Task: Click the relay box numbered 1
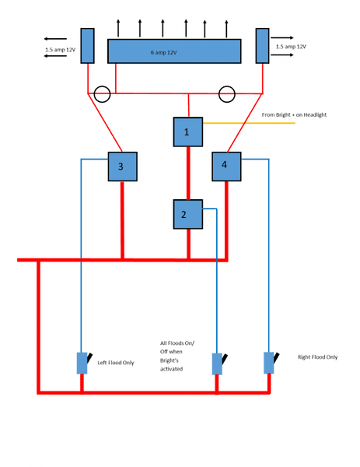point(188,132)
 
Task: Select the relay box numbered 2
point(188,215)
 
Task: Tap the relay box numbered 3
point(123,167)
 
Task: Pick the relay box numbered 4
point(226,167)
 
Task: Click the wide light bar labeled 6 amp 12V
point(174,51)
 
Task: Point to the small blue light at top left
point(87,46)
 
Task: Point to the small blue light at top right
point(262,46)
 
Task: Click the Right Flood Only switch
point(270,363)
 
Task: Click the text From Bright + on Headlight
point(294,114)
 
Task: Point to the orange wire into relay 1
point(249,123)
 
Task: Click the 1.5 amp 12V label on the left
point(60,50)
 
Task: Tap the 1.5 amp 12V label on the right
point(291,47)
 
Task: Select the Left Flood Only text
point(116,363)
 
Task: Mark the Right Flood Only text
point(317,356)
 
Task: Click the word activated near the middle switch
point(171,369)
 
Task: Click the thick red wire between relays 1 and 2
point(188,174)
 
